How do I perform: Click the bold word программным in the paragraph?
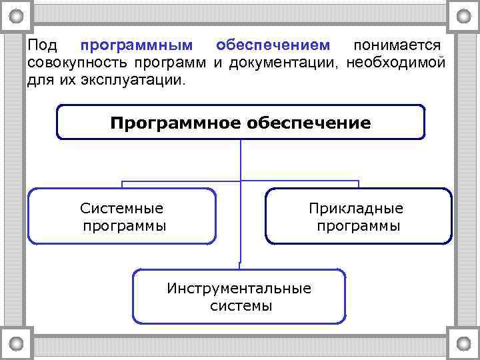[x=137, y=46]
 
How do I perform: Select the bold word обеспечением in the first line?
[x=273, y=46]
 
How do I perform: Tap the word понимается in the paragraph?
[x=397, y=46]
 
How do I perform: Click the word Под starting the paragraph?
[x=42, y=46]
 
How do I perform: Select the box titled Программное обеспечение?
[x=240, y=123]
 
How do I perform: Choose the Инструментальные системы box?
[x=239, y=297]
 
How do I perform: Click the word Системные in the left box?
[x=121, y=209]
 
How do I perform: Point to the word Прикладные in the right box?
[x=356, y=209]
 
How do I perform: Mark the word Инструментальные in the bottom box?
[x=239, y=289]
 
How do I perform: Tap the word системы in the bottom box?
[x=241, y=306]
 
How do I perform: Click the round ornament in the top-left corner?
[x=17, y=15]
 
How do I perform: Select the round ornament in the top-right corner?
[x=462, y=15]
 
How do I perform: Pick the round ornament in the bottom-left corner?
[x=17, y=343]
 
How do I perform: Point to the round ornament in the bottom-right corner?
[x=462, y=343]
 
